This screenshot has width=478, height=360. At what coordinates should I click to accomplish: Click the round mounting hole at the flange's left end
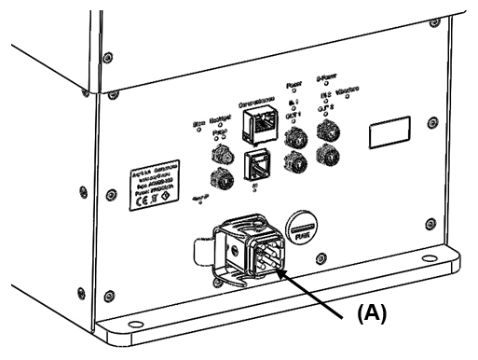click(136, 325)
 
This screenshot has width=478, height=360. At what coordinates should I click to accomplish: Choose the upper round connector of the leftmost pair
click(221, 151)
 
